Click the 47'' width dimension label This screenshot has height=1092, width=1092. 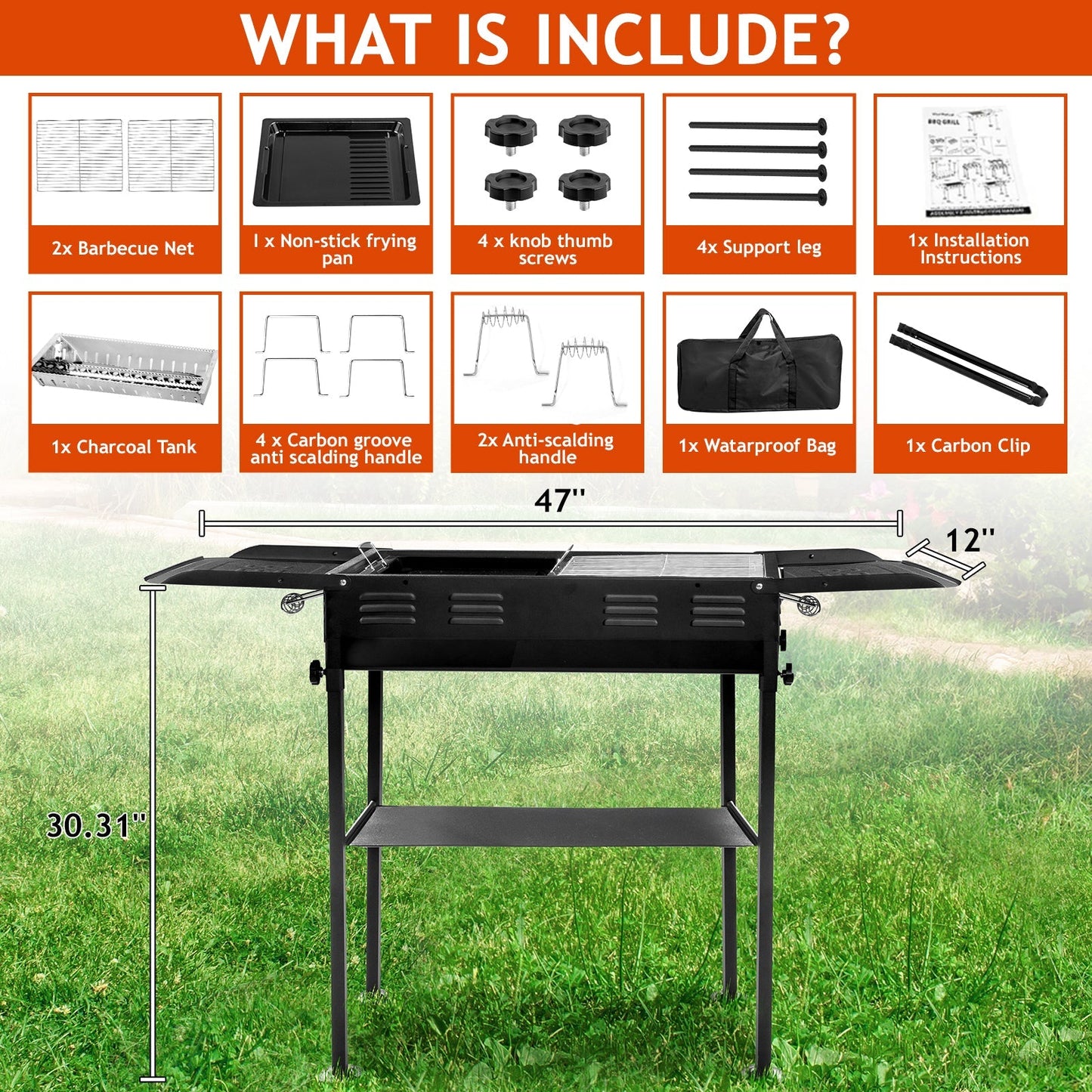[x=559, y=500]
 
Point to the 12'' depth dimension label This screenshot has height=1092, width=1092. [x=970, y=540]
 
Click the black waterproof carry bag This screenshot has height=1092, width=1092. [x=759, y=370]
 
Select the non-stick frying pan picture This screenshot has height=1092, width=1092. [x=336, y=162]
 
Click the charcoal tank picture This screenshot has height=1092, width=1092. [x=124, y=367]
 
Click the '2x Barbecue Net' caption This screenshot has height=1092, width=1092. [x=123, y=248]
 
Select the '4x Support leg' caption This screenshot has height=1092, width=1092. [x=759, y=248]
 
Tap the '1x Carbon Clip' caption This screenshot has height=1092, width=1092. [x=968, y=446]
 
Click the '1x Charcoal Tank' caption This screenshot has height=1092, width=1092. [x=124, y=447]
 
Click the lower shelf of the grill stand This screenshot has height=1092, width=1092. [x=552, y=826]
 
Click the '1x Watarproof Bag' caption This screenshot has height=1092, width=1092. [x=757, y=446]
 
